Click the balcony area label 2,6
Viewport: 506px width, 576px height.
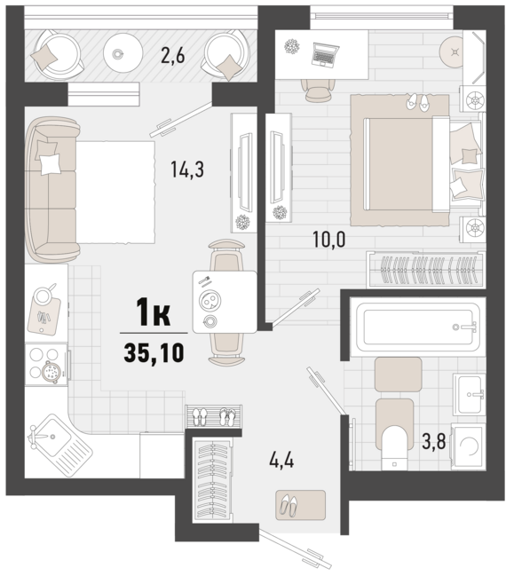point(173,55)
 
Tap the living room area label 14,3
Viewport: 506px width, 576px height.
point(187,170)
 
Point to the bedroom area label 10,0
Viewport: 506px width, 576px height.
point(328,240)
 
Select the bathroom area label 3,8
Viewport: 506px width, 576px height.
point(433,441)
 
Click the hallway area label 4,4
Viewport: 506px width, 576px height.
point(281,461)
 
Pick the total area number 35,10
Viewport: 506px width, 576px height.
point(154,353)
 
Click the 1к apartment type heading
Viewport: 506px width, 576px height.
point(154,312)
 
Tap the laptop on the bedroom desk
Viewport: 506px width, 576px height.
point(325,54)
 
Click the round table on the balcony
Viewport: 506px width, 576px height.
point(123,54)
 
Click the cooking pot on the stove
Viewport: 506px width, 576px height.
point(50,372)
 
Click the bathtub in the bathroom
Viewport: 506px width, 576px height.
point(417,327)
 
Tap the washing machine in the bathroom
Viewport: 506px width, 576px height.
point(468,446)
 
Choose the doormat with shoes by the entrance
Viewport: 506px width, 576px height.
point(301,505)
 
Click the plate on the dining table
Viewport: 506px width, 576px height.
point(210,301)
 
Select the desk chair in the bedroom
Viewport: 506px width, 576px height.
point(318,90)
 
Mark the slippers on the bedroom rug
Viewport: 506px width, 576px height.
point(417,101)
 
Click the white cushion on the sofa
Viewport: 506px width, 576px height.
point(50,164)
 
